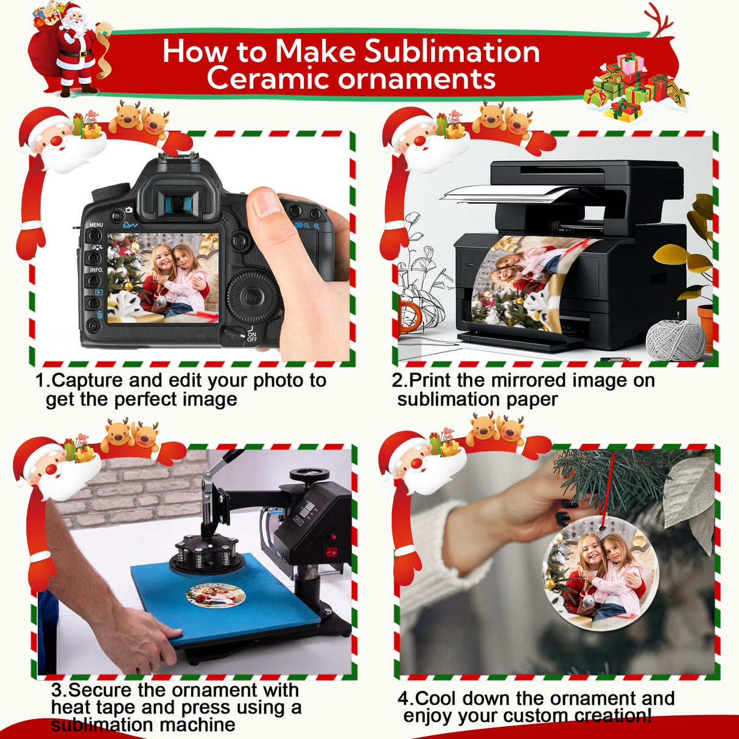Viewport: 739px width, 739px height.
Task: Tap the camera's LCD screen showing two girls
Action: (163, 278)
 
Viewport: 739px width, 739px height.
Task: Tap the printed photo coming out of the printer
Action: (524, 283)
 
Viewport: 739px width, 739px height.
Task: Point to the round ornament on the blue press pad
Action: (215, 595)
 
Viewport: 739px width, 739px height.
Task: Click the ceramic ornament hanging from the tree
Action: (600, 572)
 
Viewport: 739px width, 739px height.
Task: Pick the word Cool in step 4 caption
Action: (435, 698)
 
